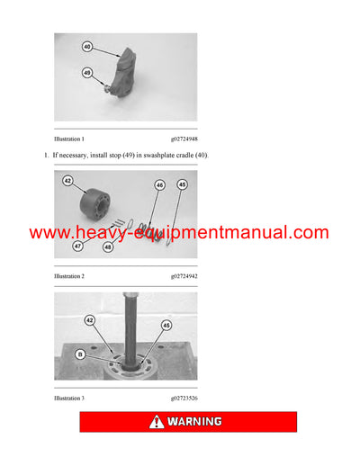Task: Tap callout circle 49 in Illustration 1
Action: (86, 73)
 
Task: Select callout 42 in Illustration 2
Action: (67, 180)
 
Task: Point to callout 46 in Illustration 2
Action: (159, 186)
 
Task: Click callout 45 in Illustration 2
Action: (182, 185)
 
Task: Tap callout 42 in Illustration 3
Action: (89, 319)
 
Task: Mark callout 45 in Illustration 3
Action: (165, 326)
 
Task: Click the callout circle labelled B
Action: (80, 354)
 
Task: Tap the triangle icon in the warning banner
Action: (157, 421)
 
